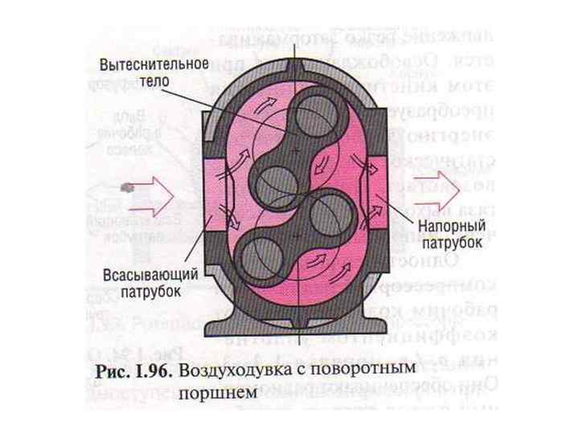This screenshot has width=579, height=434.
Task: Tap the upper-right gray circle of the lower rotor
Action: point(322,211)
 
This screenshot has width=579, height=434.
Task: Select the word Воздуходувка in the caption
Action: point(232,372)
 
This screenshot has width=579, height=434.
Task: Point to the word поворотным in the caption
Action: point(372,372)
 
